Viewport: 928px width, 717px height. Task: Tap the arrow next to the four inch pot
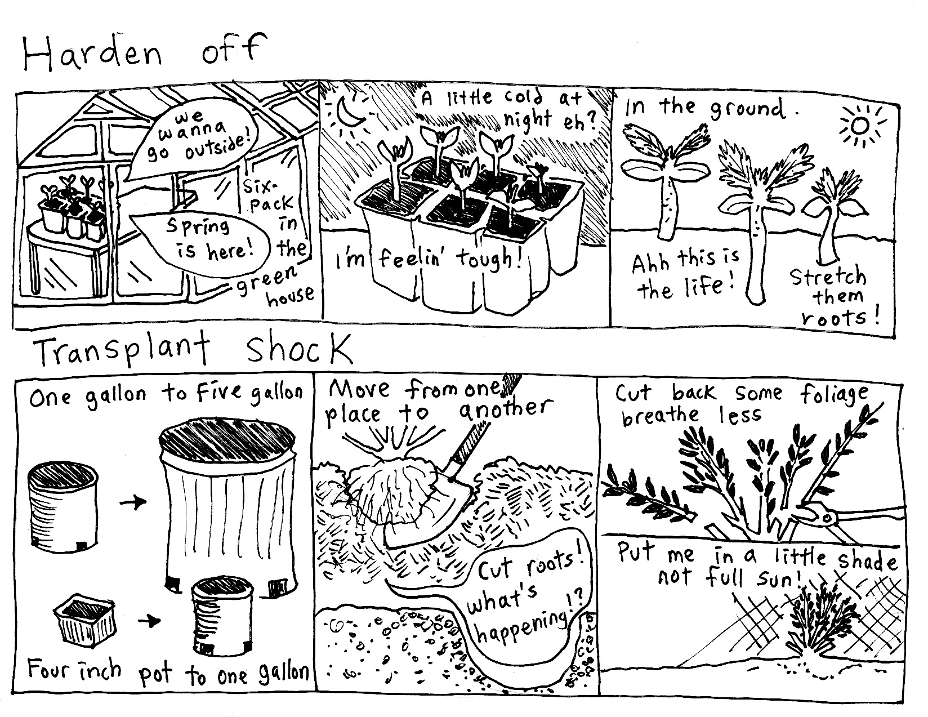[150, 621]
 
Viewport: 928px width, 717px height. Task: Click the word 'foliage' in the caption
[834, 395]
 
